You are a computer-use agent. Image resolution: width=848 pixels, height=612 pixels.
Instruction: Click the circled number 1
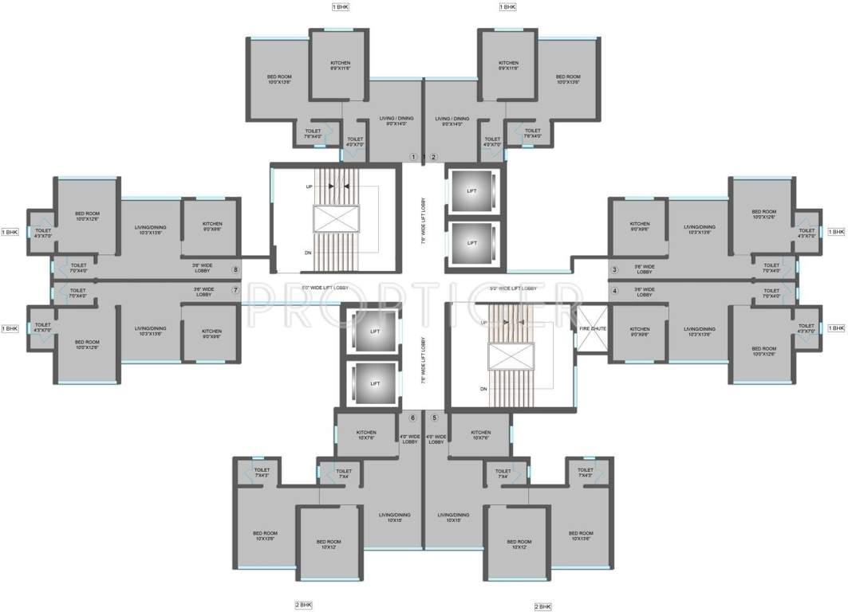point(413,156)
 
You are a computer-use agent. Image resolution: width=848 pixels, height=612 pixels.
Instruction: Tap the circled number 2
point(434,156)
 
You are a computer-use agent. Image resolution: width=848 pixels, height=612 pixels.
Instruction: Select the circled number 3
point(614,270)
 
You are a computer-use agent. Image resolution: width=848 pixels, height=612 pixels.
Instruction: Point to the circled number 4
point(614,291)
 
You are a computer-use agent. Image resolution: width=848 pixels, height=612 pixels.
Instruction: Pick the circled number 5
point(435,418)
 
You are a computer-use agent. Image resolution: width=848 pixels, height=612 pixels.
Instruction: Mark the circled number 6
point(413,418)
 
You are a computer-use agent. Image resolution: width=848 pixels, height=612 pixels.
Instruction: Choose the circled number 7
point(235,290)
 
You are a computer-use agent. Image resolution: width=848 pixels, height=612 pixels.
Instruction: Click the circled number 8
point(235,269)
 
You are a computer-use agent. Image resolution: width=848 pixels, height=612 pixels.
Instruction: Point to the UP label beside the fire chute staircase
point(484,323)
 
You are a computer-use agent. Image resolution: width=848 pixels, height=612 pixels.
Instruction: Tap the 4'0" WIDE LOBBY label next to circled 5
point(436,439)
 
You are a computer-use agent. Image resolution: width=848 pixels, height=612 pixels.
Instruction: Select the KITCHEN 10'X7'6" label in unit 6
point(366,435)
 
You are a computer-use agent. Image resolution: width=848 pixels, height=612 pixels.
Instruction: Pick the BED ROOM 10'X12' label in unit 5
point(519,544)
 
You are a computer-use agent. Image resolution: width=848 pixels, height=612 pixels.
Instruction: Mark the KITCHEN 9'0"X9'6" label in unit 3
point(640,226)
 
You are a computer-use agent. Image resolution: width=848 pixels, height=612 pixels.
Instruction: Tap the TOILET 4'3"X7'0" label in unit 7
point(42,328)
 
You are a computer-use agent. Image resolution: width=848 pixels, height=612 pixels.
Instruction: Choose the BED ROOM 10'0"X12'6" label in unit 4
point(763,351)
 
